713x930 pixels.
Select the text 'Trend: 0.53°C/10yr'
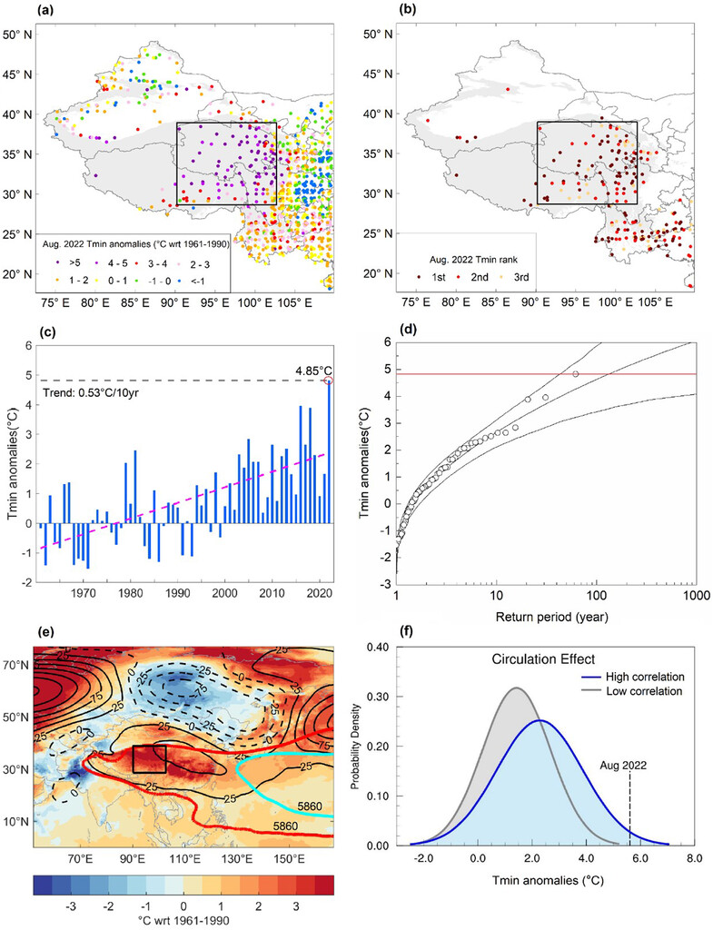[x=95, y=394]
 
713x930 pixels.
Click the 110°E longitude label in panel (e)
[x=187, y=857]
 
